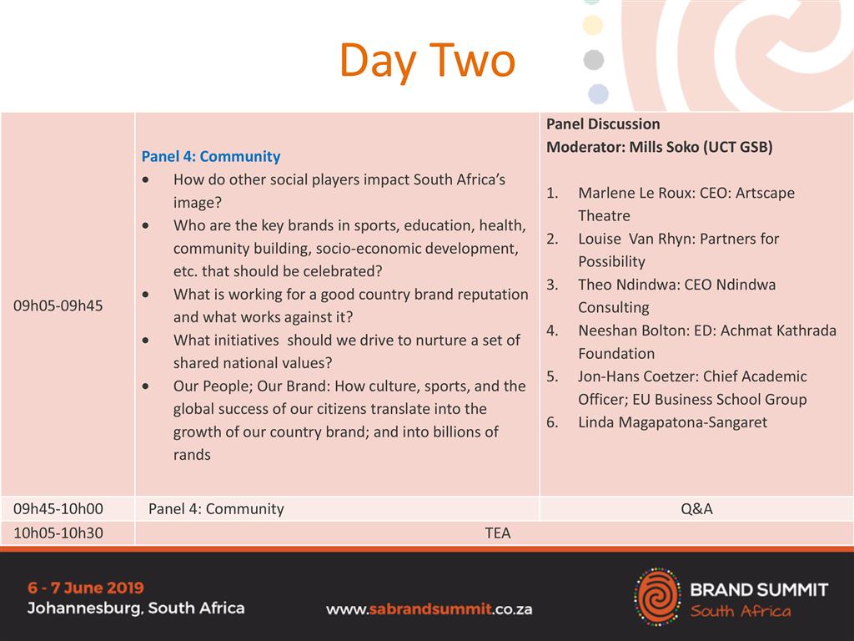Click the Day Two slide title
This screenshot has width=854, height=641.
[x=427, y=61]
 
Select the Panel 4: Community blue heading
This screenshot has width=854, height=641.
[x=211, y=156]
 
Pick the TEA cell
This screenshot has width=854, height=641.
[x=498, y=532]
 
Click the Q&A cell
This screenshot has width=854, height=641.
[x=696, y=508]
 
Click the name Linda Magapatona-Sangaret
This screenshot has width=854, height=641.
[x=673, y=422]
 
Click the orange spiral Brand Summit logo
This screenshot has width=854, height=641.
[x=658, y=597]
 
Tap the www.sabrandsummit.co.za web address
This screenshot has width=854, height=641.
[x=430, y=609]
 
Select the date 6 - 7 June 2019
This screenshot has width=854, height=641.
[x=86, y=588]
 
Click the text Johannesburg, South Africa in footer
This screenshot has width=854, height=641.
[x=136, y=608]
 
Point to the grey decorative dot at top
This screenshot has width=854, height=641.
[x=594, y=59]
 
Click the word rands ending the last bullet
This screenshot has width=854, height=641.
[x=192, y=455]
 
